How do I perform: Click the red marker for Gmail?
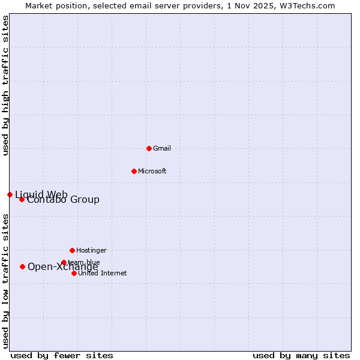[149, 148]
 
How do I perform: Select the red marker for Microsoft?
[134, 171]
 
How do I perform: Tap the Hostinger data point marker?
[72, 250]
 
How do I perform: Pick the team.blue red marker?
[64, 262]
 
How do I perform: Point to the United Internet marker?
[74, 273]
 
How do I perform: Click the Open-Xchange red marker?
[22, 266]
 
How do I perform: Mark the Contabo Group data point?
[22, 199]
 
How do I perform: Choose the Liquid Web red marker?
[10, 194]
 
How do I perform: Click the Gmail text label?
[162, 148]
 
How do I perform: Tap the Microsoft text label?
[152, 171]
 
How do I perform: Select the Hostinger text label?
[91, 250]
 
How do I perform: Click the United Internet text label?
[103, 273]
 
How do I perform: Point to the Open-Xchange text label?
[63, 267]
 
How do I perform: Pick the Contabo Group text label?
[63, 200]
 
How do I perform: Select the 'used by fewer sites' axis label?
[62, 355]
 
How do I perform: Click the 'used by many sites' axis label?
[301, 355]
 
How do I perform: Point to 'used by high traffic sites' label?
[5, 85]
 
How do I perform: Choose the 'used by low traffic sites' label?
[5, 281]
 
